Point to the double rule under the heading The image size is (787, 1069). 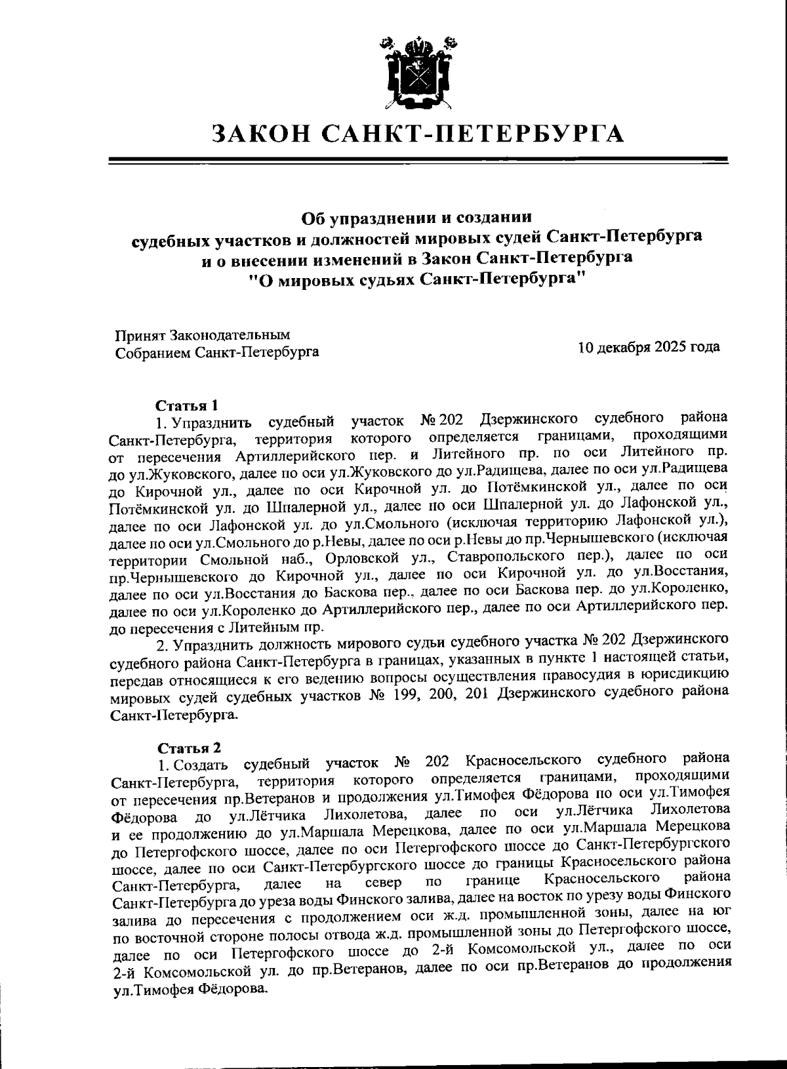[x=417, y=160]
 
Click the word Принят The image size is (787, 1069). [x=140, y=335]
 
